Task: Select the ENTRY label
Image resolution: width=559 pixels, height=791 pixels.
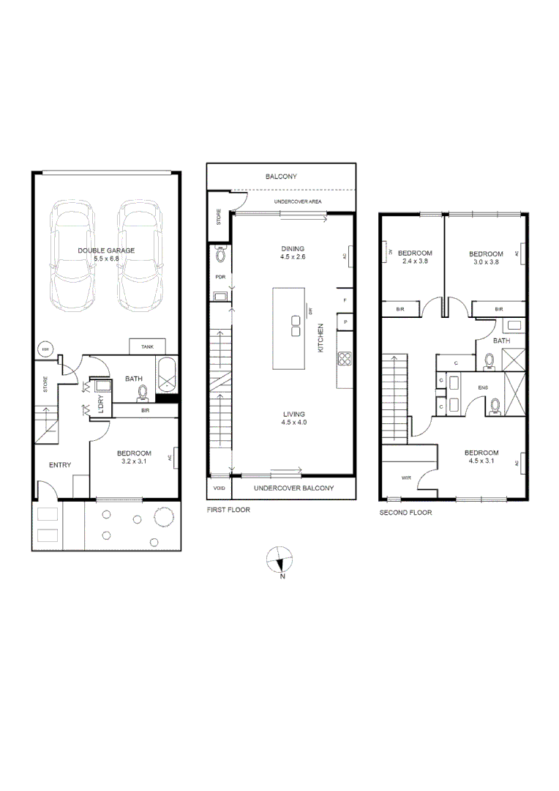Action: [60, 465]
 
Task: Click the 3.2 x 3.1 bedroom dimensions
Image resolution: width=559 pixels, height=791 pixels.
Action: [134, 462]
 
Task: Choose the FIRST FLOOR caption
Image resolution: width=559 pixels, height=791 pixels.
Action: [228, 510]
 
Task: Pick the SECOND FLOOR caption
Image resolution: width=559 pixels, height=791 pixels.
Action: [405, 513]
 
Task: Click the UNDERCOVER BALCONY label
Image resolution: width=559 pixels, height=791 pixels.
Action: [293, 488]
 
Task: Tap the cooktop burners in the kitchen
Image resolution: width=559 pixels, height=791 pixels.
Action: [344, 359]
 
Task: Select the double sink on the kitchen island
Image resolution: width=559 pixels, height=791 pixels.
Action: [296, 325]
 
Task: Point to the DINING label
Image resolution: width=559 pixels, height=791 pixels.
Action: [292, 249]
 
